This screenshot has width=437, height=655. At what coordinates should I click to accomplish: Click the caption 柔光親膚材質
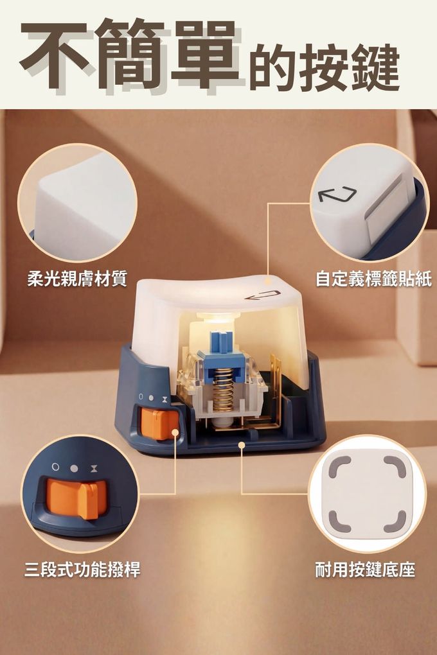click(77, 278)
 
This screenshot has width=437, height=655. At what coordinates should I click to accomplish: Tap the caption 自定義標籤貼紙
click(373, 278)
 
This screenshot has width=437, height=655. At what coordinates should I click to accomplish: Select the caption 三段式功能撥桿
click(82, 570)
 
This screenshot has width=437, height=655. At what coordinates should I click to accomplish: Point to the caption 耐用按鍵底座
click(365, 570)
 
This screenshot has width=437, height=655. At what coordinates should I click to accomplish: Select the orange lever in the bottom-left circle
click(76, 498)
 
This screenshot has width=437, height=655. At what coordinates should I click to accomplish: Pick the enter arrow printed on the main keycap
click(263, 295)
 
